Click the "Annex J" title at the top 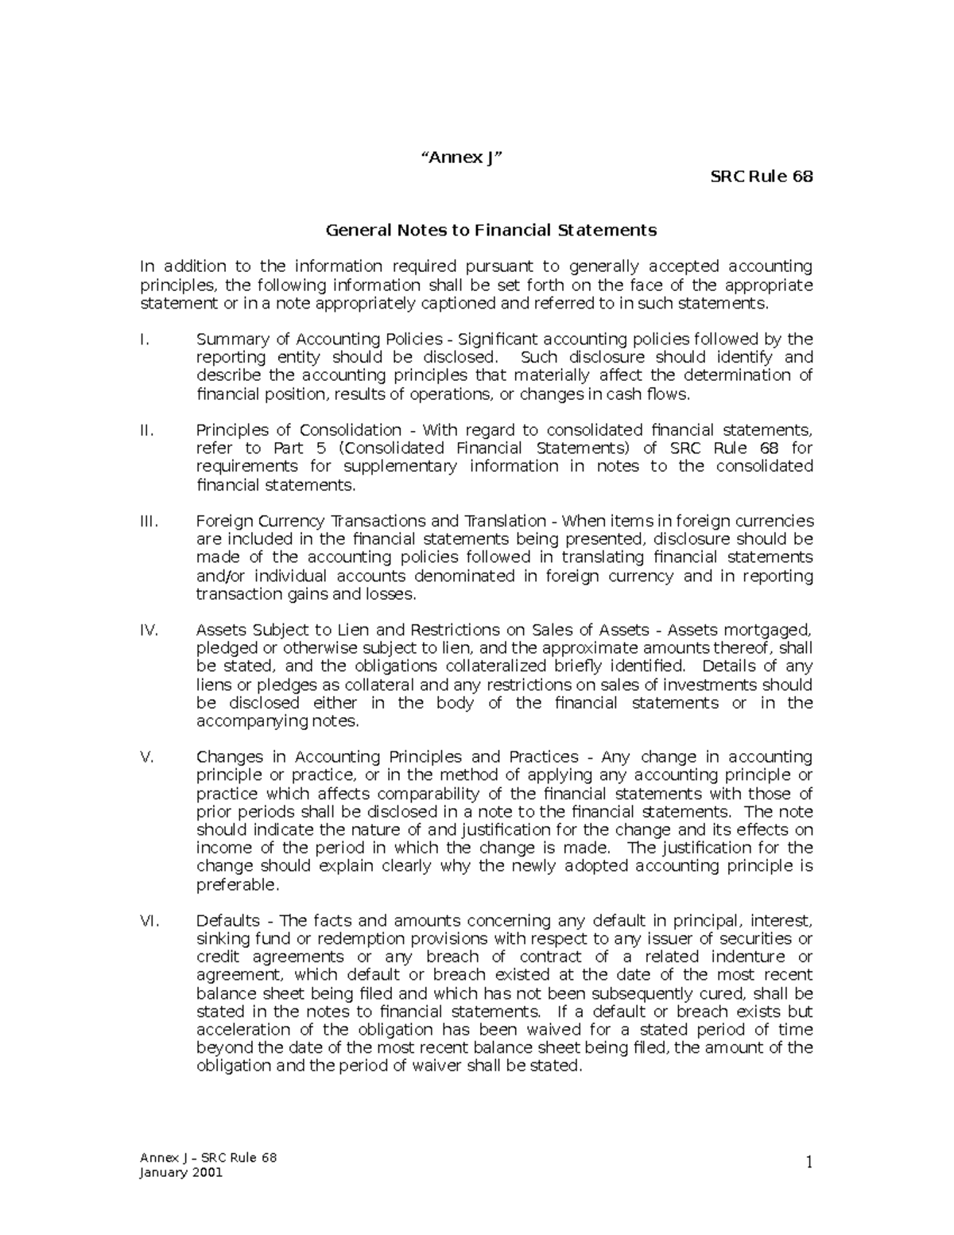pyautogui.click(x=462, y=157)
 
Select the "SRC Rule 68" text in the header pyautogui.click(x=762, y=177)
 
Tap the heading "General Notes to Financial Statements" pyautogui.click(x=491, y=231)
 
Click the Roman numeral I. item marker pyautogui.click(x=143, y=340)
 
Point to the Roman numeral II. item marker pyautogui.click(x=145, y=430)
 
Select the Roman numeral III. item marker pyautogui.click(x=149, y=522)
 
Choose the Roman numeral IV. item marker pyautogui.click(x=149, y=631)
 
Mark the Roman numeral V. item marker pyautogui.click(x=145, y=757)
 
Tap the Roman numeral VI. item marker pyautogui.click(x=149, y=921)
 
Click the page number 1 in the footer pyautogui.click(x=809, y=1163)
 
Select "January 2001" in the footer pyautogui.click(x=182, y=1173)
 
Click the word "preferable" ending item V pyautogui.click(x=236, y=885)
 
